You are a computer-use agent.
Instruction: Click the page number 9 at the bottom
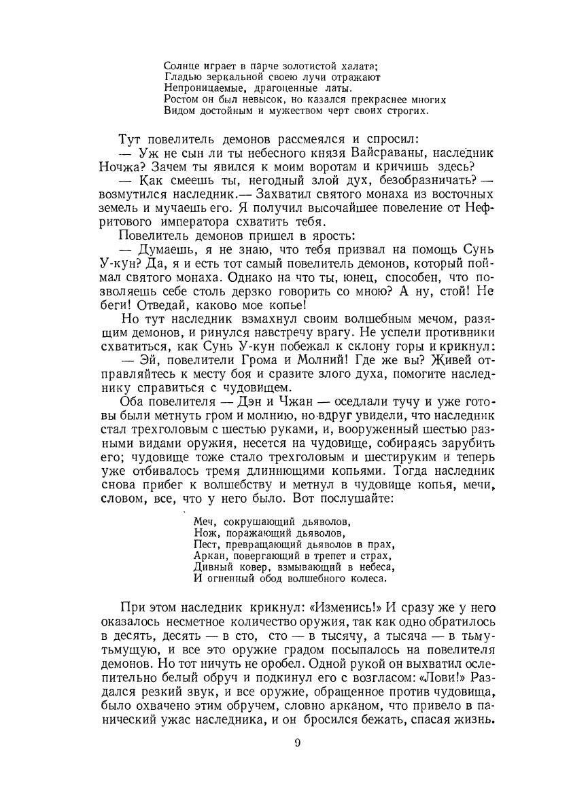(x=297, y=742)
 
